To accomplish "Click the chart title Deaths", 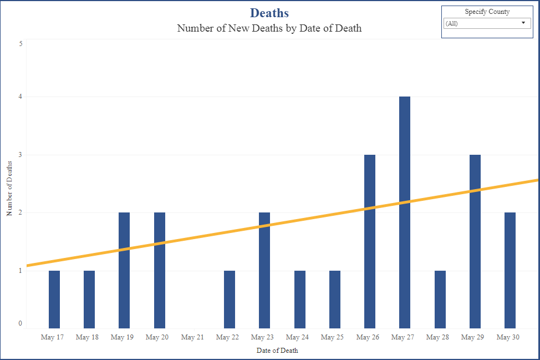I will [x=269, y=13].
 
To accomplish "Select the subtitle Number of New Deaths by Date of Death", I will [x=269, y=28].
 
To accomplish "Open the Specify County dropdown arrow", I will [x=523, y=23].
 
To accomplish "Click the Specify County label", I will [x=487, y=12].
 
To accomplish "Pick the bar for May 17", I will [x=54, y=300].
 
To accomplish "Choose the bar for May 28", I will [x=440, y=300].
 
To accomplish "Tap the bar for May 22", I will [x=230, y=300].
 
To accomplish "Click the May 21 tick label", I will [x=192, y=337].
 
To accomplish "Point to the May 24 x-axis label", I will [x=297, y=337].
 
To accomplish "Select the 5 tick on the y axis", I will [x=21, y=43].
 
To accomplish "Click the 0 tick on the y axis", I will [x=21, y=323].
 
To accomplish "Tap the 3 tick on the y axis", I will [x=21, y=155].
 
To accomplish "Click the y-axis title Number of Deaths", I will [x=9, y=188].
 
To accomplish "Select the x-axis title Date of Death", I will [x=277, y=351].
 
